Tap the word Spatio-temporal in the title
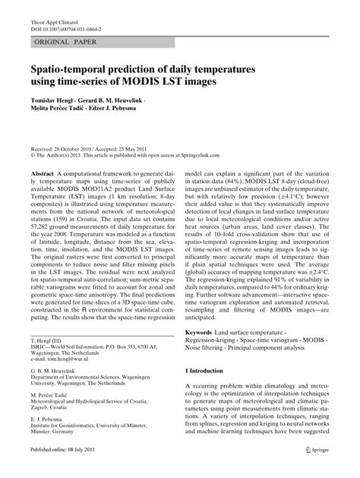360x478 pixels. (x=79, y=71)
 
